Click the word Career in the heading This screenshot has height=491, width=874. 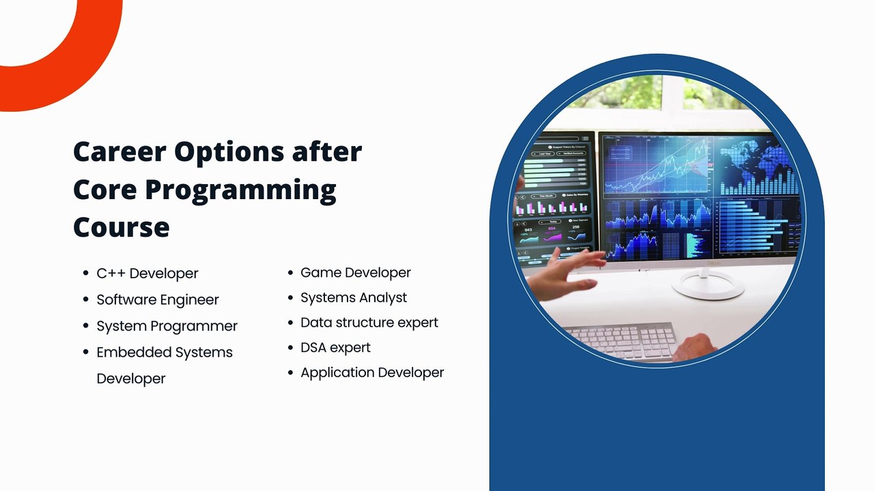[119, 151]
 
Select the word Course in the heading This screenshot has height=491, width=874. [122, 227]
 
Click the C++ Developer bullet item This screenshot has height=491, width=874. [147, 273]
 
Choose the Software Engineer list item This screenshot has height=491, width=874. [158, 299]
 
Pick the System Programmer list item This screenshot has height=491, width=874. [167, 326]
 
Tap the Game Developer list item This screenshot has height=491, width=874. [356, 273]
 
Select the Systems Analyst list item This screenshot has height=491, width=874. [354, 298]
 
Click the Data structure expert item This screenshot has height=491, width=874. [369, 323]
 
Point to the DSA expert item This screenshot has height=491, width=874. [335, 348]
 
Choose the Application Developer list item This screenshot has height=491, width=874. [372, 372]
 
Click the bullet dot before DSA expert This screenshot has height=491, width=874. [290, 348]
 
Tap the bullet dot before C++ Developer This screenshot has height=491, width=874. [86, 273]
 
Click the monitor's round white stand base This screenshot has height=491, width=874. [708, 286]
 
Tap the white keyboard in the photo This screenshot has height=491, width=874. [621, 340]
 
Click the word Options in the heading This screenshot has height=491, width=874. [229, 153]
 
